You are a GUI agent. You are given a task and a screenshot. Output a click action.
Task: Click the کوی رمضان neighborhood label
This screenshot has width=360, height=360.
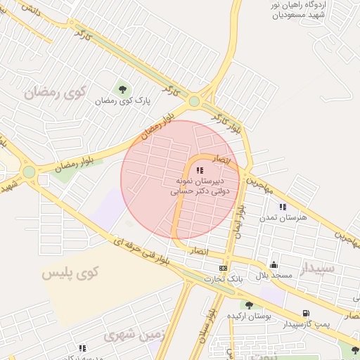point(54,92)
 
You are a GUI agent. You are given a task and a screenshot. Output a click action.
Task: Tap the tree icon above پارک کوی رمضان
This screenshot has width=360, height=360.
point(123,89)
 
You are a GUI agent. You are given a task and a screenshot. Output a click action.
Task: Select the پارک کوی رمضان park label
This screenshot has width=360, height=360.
point(124,101)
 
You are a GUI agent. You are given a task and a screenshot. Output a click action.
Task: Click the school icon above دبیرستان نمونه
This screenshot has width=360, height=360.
point(200,170)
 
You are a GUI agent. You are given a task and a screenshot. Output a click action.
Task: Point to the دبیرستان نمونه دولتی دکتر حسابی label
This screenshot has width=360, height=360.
point(199,186)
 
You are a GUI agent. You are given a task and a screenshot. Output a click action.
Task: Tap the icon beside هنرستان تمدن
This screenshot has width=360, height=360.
point(283,207)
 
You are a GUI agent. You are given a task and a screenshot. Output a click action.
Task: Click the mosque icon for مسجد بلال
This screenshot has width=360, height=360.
point(274,264)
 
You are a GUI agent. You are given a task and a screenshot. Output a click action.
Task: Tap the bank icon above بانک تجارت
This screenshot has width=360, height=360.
point(223,268)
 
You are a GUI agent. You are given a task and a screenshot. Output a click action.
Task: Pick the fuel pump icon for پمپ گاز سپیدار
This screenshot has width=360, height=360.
point(305,314)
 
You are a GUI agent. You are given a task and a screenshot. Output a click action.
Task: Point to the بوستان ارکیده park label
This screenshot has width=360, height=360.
point(249,316)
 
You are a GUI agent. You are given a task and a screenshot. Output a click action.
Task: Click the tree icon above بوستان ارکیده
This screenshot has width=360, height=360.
point(249,304)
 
